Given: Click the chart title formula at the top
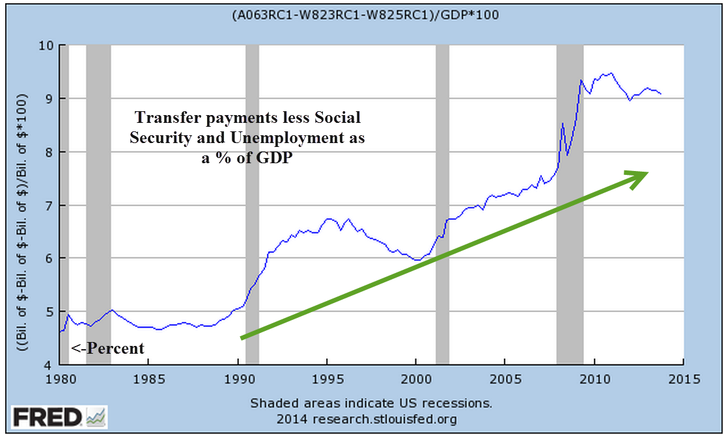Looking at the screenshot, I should (x=365, y=15).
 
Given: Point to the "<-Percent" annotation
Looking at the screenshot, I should (x=107, y=349).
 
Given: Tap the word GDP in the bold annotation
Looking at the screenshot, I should (x=277, y=158).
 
